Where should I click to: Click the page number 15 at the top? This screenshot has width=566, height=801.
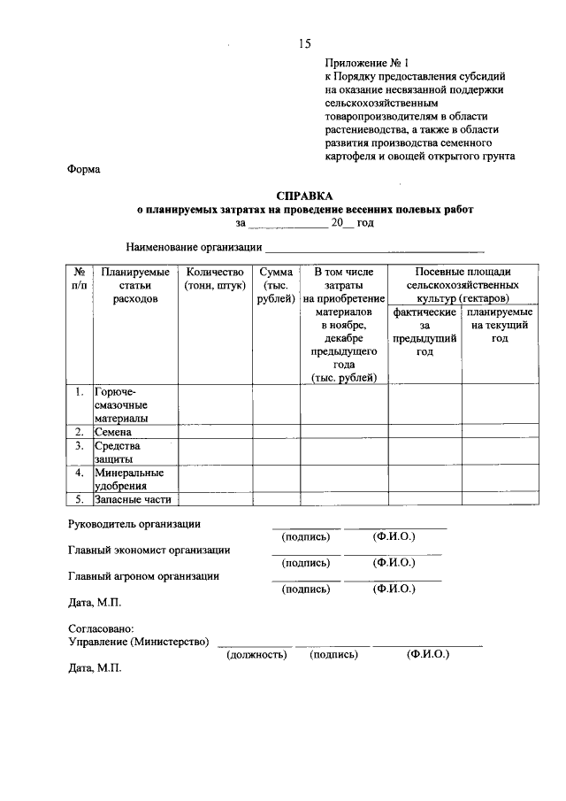[x=304, y=42]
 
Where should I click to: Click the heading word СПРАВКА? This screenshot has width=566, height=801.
[x=304, y=196]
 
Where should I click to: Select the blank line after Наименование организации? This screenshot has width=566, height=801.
[x=375, y=248]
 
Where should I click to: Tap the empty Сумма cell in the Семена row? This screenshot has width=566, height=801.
[x=276, y=432]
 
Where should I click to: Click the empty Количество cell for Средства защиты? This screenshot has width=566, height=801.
[x=215, y=452]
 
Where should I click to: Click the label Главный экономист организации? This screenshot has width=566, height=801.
[x=149, y=550]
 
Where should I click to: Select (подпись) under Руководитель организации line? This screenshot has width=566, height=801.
[x=305, y=537]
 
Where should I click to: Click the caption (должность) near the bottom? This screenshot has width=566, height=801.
[x=256, y=655]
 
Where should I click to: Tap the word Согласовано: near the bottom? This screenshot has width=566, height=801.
[x=100, y=628]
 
